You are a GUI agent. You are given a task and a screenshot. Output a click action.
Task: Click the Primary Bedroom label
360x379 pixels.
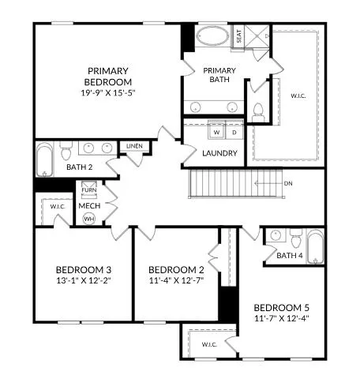(x=109, y=76)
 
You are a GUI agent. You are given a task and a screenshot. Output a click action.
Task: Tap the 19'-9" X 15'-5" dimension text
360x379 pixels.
(x=109, y=93)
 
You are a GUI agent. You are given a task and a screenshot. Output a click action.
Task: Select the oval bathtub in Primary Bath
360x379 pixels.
(x=211, y=37)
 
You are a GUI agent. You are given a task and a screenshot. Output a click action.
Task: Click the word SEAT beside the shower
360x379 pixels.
(x=238, y=36)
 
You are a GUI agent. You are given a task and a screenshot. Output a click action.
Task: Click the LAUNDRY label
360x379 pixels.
(x=219, y=152)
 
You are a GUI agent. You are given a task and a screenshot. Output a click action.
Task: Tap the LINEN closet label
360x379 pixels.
(x=133, y=147)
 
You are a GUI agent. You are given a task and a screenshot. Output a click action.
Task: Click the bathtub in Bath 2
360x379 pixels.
(x=44, y=159)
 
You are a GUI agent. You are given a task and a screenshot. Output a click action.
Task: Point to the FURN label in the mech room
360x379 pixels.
(x=88, y=190)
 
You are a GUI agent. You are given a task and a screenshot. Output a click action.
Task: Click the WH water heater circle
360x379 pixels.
(x=88, y=218)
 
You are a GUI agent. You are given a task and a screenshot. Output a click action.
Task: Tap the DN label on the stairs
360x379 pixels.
(x=289, y=183)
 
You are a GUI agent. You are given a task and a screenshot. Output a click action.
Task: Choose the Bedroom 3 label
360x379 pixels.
(x=82, y=268)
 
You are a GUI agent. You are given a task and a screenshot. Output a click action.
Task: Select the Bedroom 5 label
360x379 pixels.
(x=280, y=306)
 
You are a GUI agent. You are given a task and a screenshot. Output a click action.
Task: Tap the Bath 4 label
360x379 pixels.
(x=289, y=255)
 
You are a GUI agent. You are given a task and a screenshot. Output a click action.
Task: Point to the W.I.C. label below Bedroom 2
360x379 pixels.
(x=209, y=344)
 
